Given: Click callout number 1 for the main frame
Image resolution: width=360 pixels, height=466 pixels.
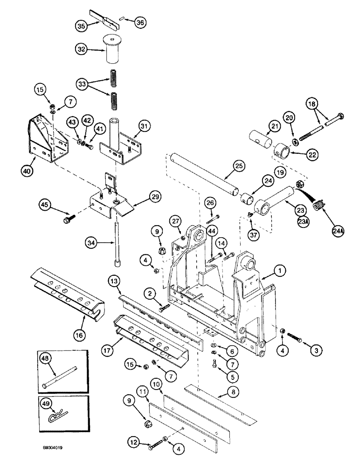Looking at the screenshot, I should pyautogui.click(x=280, y=269).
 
